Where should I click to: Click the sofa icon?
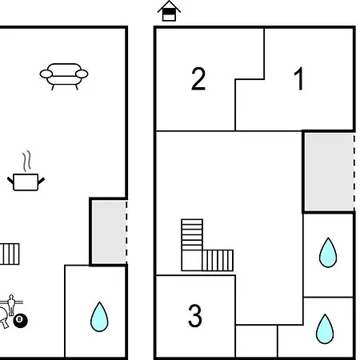click(x=64, y=77)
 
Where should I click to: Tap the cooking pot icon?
click(x=26, y=182)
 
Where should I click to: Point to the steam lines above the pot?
click(x=26, y=162)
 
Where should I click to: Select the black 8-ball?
click(x=20, y=321)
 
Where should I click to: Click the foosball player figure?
click(x=11, y=305)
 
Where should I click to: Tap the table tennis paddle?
click(x=3, y=318)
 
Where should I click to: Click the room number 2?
click(x=198, y=79)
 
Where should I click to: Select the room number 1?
click(x=299, y=78)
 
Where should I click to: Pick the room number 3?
click(x=195, y=315)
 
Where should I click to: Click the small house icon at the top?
click(x=169, y=11)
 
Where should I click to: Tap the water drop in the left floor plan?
click(x=99, y=317)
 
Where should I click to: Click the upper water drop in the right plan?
click(x=328, y=252)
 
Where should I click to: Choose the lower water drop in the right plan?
click(x=325, y=329)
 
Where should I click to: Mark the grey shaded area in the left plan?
click(x=109, y=232)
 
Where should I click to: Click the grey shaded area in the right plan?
click(x=329, y=172)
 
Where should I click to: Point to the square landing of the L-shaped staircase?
click(x=192, y=261)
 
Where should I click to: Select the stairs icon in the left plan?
click(x=10, y=254)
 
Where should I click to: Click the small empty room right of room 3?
click(x=257, y=341)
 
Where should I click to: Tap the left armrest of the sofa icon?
click(x=46, y=74)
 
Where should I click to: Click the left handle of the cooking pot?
click(x=10, y=181)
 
